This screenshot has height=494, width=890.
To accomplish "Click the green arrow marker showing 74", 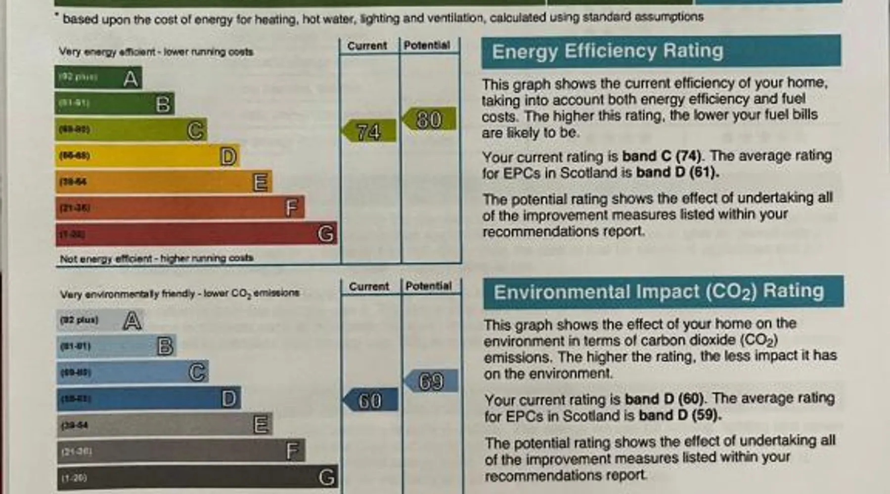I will pyautogui.click(x=370, y=131).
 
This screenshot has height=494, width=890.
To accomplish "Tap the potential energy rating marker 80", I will pyautogui.click(x=429, y=120).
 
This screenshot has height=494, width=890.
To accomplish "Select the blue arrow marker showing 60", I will pyautogui.click(x=371, y=400).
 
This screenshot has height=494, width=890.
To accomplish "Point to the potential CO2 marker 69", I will pyautogui.click(x=431, y=381).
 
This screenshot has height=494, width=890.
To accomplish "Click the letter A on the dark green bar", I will pyautogui.click(x=131, y=79).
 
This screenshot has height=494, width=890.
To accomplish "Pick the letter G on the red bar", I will pyautogui.click(x=325, y=234).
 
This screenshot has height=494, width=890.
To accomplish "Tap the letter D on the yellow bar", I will pyautogui.click(x=228, y=157).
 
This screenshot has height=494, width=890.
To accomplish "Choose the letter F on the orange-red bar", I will pyautogui.click(x=292, y=208).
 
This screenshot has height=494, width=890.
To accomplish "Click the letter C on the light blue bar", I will pyautogui.click(x=197, y=372).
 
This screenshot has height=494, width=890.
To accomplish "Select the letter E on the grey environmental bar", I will pyautogui.click(x=261, y=424).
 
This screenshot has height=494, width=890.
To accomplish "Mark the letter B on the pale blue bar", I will pyautogui.click(x=165, y=346).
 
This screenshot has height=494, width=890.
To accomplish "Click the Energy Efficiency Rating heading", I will pyautogui.click(x=608, y=51).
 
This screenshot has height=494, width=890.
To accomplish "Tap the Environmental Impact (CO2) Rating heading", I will pyautogui.click(x=659, y=292).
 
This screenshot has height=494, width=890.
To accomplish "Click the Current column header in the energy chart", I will pyautogui.click(x=367, y=46).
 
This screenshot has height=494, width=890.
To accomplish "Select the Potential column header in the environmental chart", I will pyautogui.click(x=429, y=286).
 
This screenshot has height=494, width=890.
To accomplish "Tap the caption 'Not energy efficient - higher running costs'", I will pyautogui.click(x=156, y=258).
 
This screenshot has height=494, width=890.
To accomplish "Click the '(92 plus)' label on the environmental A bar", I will pyautogui.click(x=79, y=320).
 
